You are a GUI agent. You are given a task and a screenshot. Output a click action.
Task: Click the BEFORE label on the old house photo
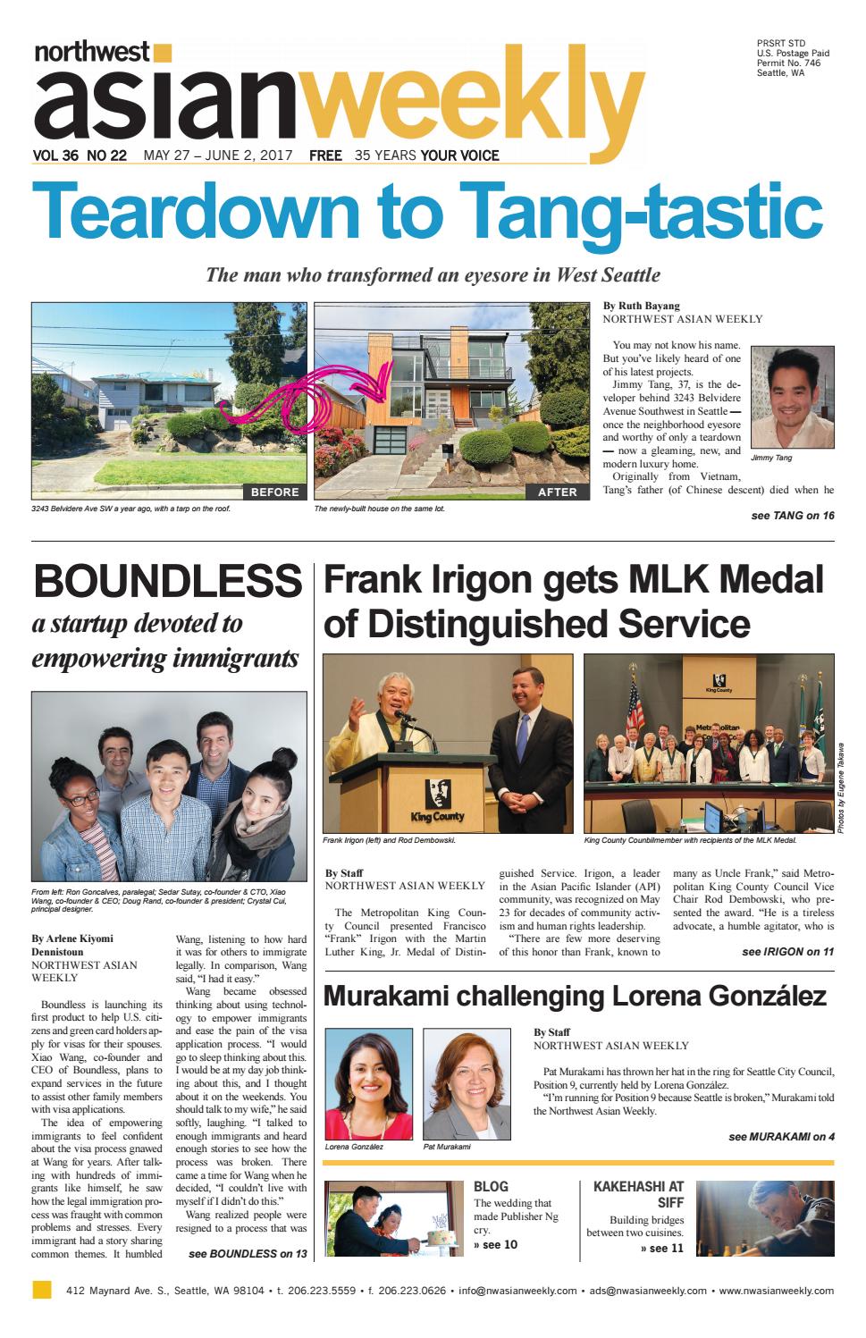click(x=274, y=492)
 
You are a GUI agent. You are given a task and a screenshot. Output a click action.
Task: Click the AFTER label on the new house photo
click(x=558, y=492)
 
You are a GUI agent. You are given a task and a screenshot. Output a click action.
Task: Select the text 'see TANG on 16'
click(x=793, y=516)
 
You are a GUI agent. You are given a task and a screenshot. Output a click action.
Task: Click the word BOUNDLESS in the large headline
click(x=167, y=582)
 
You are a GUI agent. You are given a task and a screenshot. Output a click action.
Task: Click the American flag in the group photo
click(x=635, y=715)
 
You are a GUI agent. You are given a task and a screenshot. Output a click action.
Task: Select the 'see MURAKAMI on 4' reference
click(x=781, y=1137)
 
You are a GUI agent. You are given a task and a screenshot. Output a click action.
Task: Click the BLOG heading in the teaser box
click(x=491, y=1186)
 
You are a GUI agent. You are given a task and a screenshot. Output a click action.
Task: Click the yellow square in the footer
click(x=41, y=1290)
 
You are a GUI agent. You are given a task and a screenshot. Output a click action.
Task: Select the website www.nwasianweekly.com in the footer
click(x=776, y=1291)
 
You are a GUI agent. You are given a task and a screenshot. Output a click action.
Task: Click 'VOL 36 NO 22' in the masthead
click(x=79, y=156)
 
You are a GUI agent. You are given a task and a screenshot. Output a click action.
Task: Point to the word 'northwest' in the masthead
click(x=92, y=53)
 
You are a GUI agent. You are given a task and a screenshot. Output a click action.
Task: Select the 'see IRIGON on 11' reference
click(x=787, y=952)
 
